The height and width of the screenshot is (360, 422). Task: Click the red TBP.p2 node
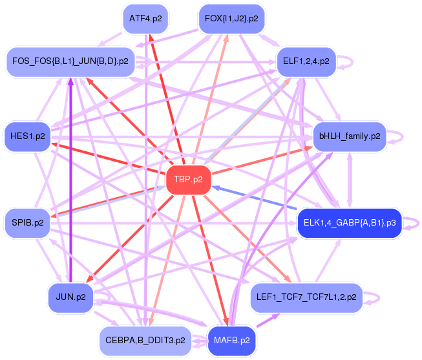[189, 179]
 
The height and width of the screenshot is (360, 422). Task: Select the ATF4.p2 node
[145, 18]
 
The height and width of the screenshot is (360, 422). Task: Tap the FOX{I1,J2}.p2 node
[231, 18]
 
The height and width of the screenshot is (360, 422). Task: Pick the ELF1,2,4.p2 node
[306, 61]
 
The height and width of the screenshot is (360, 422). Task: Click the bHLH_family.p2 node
[350, 136]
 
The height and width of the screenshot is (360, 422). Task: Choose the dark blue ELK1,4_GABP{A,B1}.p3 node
[350, 223]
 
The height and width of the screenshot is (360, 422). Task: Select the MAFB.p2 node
[231, 339]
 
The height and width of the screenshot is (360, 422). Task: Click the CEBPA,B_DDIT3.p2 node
[145, 339]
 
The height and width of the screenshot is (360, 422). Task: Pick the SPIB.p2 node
[27, 223]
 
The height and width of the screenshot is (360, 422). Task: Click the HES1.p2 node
[27, 136]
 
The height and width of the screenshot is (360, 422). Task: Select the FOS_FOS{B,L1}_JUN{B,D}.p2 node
[70, 61]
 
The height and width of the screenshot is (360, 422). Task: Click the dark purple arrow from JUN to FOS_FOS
[70, 181]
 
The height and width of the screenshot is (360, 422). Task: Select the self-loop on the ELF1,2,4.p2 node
[350, 61]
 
